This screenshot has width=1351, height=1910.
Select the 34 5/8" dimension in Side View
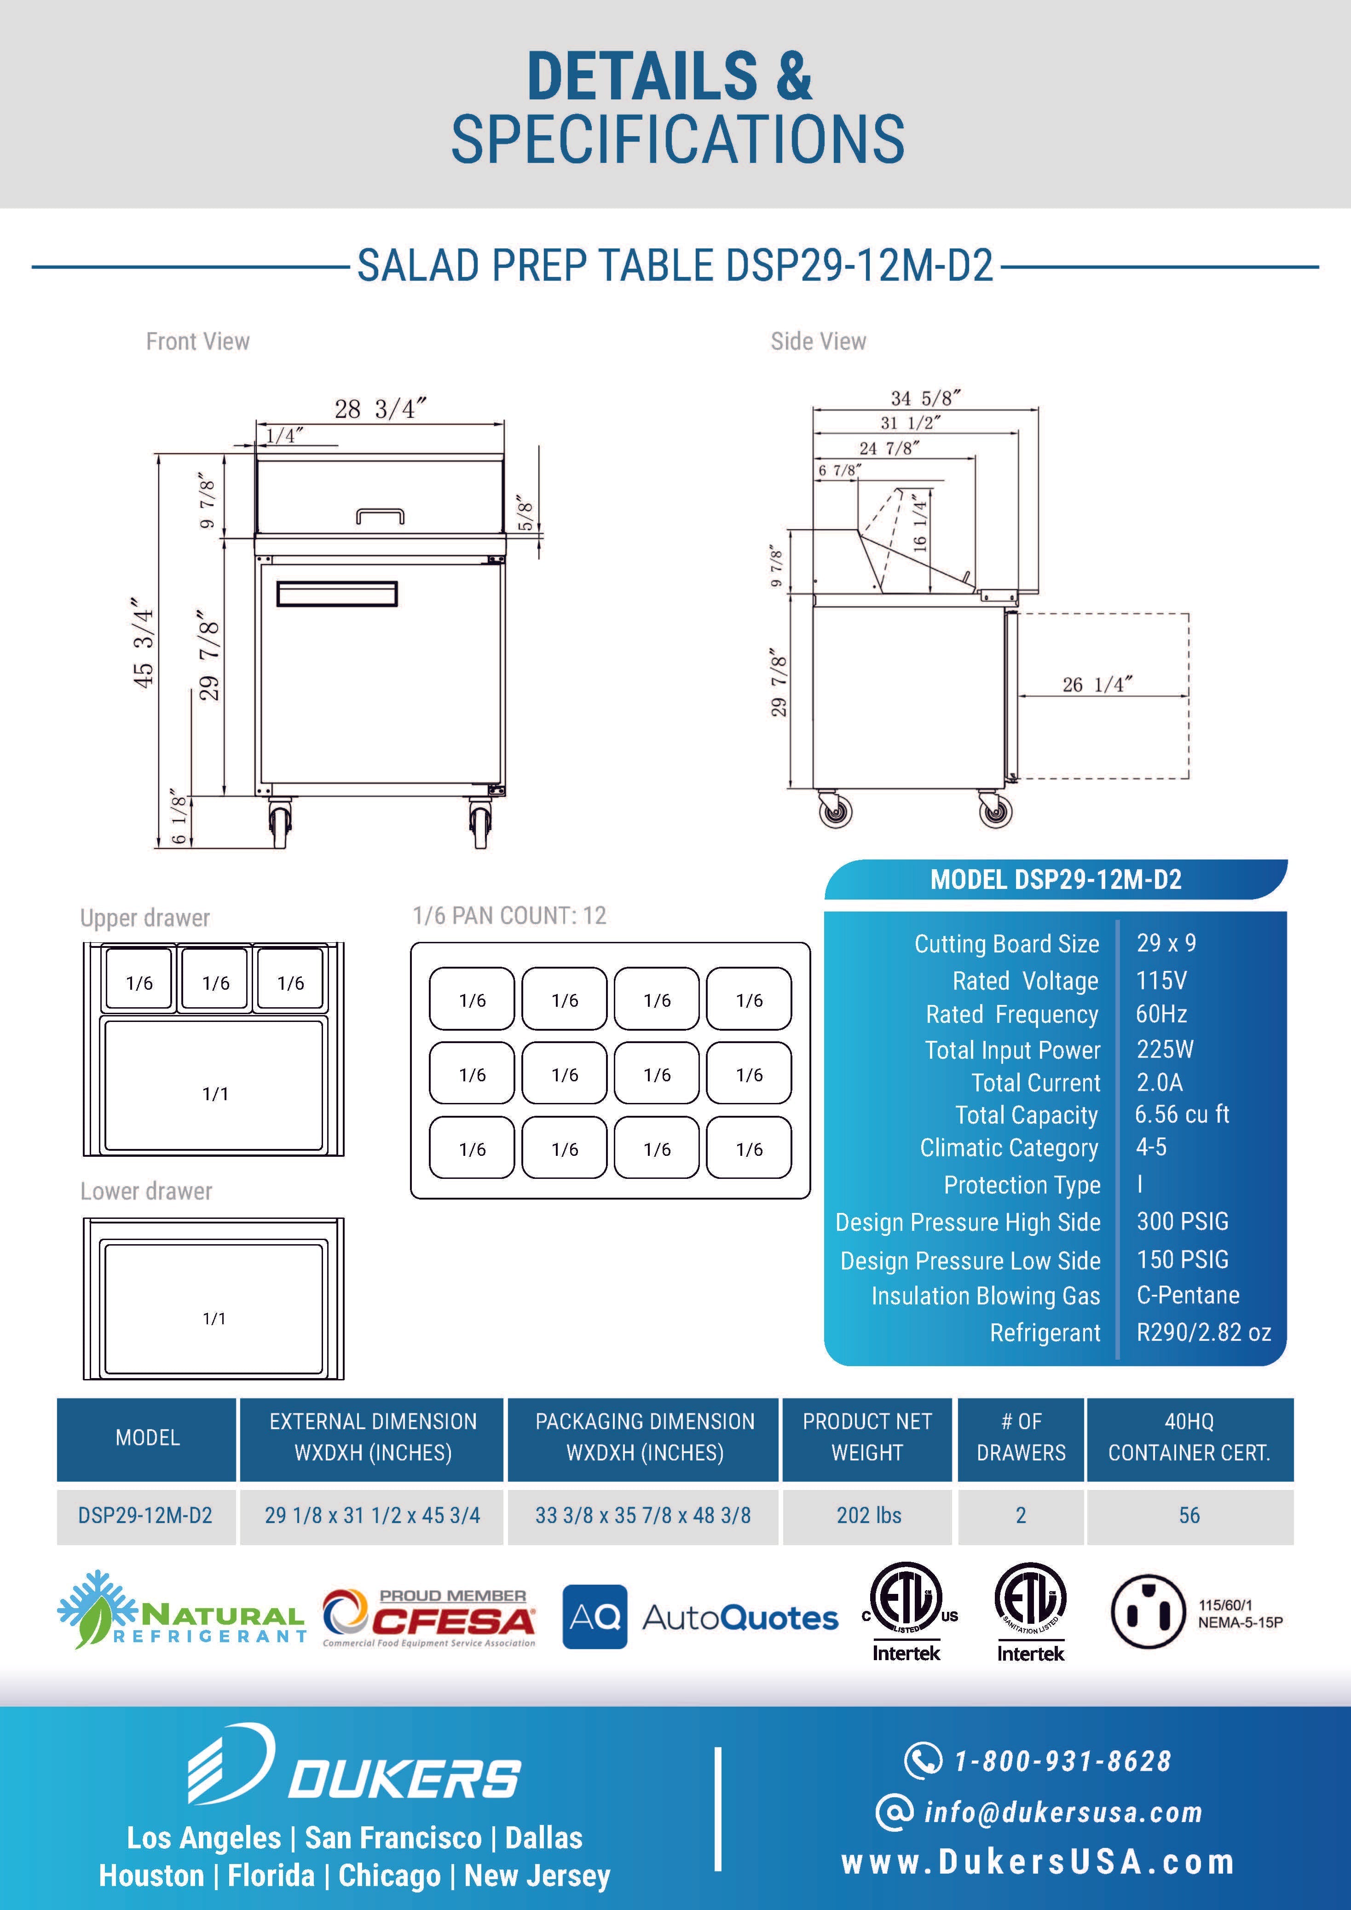(x=925, y=398)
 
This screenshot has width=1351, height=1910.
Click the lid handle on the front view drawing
(x=380, y=517)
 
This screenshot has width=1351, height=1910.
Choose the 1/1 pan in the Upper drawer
(x=214, y=1093)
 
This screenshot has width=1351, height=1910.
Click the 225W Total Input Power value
(x=1165, y=1049)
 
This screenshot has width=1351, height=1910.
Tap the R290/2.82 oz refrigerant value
(x=1203, y=1332)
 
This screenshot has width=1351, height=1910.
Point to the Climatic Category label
(x=1008, y=1148)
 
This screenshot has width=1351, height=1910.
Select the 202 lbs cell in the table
(x=868, y=1515)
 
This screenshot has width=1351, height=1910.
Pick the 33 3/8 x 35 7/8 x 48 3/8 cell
(x=643, y=1515)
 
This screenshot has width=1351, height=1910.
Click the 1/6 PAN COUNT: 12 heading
(x=509, y=916)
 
